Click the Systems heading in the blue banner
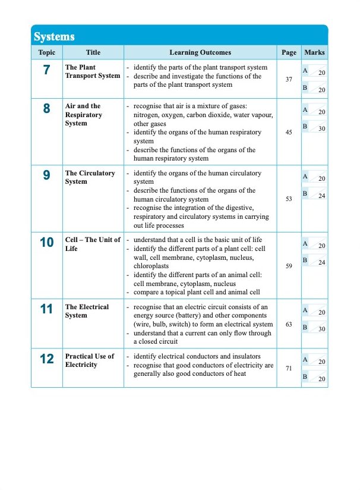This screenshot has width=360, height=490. [54, 37]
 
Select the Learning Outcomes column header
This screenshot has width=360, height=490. [200, 52]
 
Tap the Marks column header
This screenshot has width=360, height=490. [314, 52]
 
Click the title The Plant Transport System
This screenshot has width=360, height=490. [92, 71]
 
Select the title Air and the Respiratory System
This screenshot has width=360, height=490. [84, 115]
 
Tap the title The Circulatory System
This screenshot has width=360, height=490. [90, 177]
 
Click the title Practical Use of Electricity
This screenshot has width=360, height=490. [90, 360]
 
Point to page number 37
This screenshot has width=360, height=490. [289, 79]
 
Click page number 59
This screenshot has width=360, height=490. [289, 266]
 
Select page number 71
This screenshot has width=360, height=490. [289, 369]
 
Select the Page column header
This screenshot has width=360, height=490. [289, 52]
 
